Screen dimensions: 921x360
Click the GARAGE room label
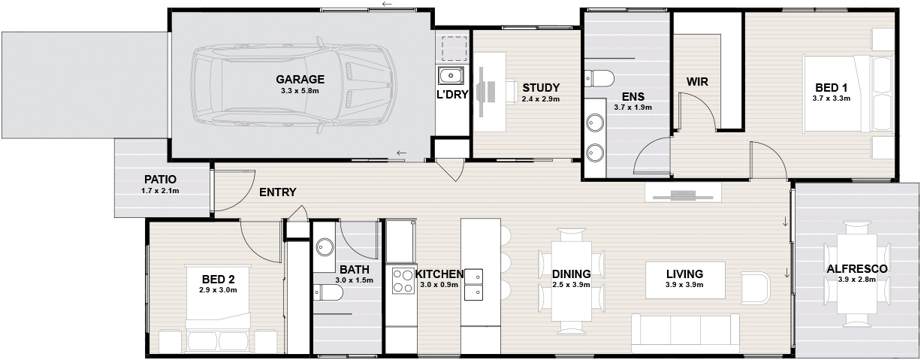(x=300, y=79)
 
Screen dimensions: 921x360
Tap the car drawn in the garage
(x=294, y=85)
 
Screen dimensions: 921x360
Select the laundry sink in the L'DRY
(x=451, y=76)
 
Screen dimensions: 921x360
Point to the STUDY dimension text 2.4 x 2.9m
(x=541, y=99)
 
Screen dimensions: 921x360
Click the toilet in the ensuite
(x=599, y=77)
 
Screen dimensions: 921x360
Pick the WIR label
(x=697, y=82)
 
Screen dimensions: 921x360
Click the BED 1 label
(x=832, y=88)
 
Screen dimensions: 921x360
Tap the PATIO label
(x=160, y=180)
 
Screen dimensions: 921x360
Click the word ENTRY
(x=277, y=192)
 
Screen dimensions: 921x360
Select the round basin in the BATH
(x=325, y=247)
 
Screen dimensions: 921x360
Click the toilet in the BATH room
(x=328, y=292)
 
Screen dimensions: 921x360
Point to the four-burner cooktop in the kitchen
(x=403, y=280)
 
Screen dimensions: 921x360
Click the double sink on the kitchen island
(x=473, y=284)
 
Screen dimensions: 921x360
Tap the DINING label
(x=571, y=274)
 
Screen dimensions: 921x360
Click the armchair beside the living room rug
(x=755, y=288)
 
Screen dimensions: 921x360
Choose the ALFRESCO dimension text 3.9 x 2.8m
(x=857, y=280)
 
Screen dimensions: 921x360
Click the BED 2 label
(x=219, y=280)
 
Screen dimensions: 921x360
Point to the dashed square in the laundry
(x=454, y=49)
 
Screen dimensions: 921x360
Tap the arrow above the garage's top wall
(x=386, y=4)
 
